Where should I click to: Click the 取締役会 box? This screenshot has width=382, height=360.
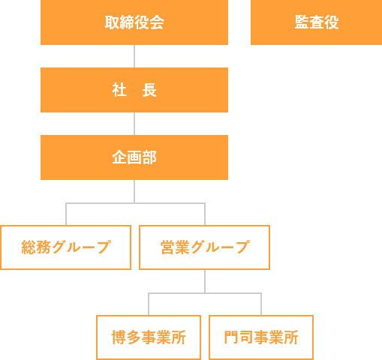click(134, 22)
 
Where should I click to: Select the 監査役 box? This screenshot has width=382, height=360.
click(316, 22)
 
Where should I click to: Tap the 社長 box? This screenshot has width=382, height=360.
click(134, 90)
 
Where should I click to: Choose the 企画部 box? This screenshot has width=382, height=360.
click(134, 157)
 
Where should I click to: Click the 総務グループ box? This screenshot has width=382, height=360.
click(66, 247)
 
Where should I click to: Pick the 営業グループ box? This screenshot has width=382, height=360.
click(204, 247)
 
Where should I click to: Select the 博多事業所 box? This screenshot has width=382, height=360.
click(149, 337)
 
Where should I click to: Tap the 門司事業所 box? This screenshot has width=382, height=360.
click(261, 337)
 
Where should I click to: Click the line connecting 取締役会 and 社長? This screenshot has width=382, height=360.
click(134, 56)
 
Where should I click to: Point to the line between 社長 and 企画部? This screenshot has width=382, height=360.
click(134, 124)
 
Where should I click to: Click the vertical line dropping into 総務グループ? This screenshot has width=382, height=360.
click(66, 214)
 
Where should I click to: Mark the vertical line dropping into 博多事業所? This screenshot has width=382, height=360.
click(149, 304)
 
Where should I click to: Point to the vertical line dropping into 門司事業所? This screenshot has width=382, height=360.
click(261, 304)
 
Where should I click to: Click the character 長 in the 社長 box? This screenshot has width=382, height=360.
click(149, 90)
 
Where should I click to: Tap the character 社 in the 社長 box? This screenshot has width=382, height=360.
click(119, 90)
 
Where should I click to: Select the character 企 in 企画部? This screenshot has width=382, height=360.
click(119, 157)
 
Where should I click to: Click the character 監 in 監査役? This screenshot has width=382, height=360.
click(302, 22)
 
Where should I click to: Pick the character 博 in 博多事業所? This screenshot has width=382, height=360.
click(119, 337)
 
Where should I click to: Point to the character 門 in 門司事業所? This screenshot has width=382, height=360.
click(231, 337)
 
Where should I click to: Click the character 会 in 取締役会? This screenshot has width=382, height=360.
click(157, 22)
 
